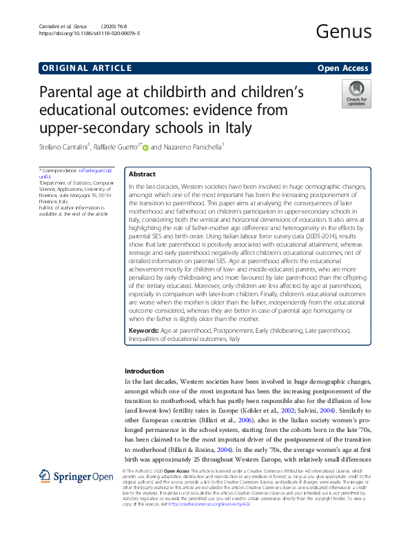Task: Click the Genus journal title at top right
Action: pyautogui.click(x=342, y=31)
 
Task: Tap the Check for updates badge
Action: pyautogui.click(x=356, y=94)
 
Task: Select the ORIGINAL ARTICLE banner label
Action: pyautogui.click(x=86, y=68)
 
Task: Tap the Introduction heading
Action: pyautogui.click(x=144, y=371)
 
